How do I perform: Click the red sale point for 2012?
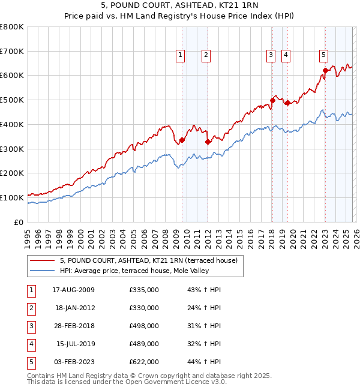tap(208, 142)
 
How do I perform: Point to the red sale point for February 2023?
tap(325, 70)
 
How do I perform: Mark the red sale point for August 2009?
tap(182, 140)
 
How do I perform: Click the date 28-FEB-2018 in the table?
tap(74, 325)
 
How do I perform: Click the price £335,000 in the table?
tap(144, 289)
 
